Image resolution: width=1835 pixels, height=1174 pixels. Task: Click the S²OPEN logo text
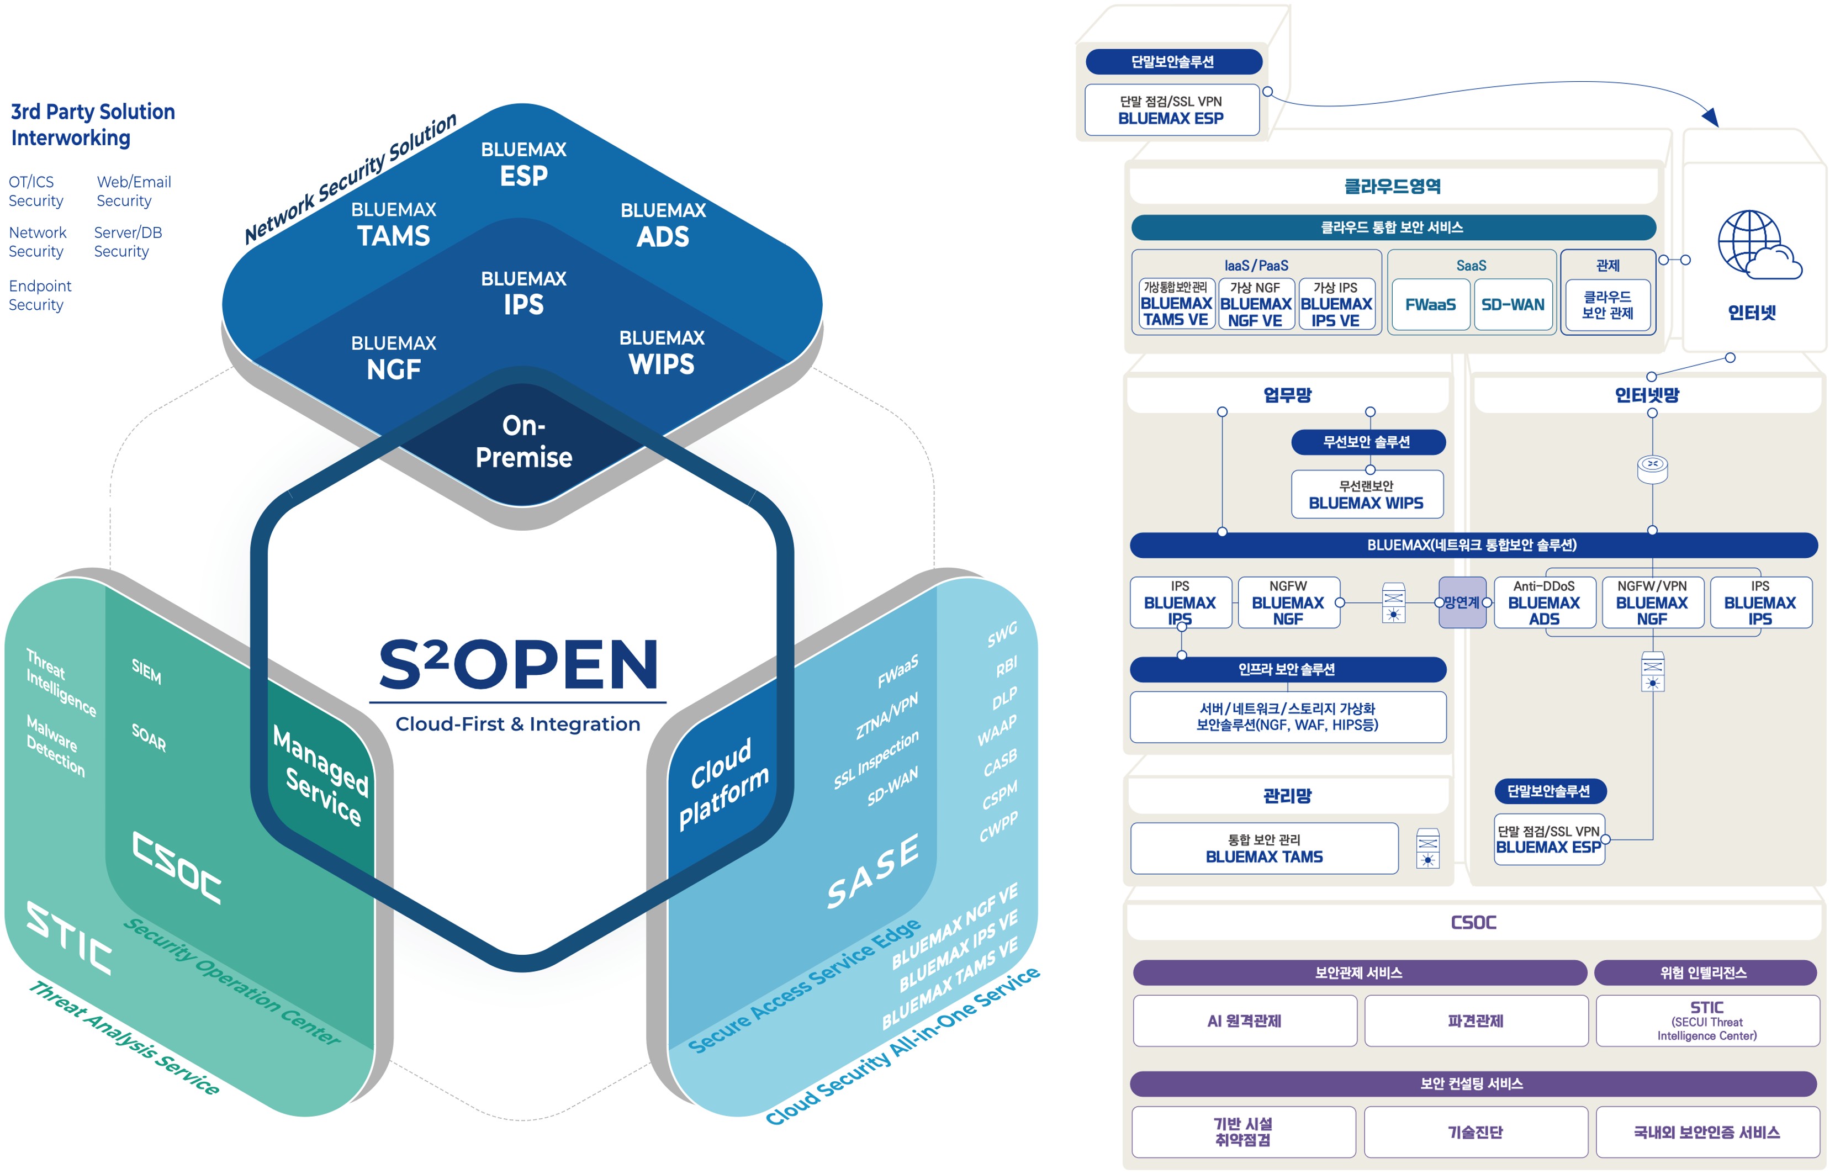tap(519, 664)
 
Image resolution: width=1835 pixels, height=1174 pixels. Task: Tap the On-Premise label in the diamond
tap(523, 441)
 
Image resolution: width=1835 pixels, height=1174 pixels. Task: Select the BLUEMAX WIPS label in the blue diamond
tap(662, 352)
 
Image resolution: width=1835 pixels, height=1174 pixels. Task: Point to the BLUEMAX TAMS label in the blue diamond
tap(393, 224)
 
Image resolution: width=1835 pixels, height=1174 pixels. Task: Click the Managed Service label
tap(321, 775)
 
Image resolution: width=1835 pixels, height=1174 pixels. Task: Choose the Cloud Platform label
tap(723, 783)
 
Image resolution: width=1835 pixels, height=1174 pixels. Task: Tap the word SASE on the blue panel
tap(873, 871)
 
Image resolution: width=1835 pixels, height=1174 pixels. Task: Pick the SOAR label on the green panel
tap(149, 737)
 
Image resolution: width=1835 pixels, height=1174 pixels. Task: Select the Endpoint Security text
tap(40, 295)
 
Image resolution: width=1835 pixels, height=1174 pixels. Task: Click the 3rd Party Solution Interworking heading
tap(92, 124)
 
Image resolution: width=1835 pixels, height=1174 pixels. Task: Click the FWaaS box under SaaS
tap(1430, 304)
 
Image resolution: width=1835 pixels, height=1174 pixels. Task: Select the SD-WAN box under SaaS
tap(1513, 304)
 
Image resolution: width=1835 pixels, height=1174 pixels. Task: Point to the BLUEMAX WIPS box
tap(1366, 494)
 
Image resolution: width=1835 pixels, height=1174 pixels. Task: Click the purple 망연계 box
tap(1462, 602)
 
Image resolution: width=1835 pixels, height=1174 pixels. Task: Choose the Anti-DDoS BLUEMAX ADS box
tap(1544, 602)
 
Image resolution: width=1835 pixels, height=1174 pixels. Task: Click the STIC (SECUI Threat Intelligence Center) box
tap(1707, 1021)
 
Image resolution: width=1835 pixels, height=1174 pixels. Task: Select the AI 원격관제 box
tap(1244, 1021)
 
